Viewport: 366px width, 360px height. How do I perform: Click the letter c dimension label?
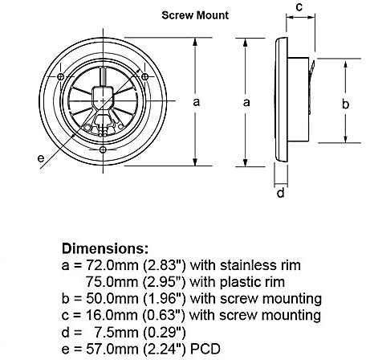click(x=299, y=7)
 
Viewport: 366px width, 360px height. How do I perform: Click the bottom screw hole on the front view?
click(x=103, y=150)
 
